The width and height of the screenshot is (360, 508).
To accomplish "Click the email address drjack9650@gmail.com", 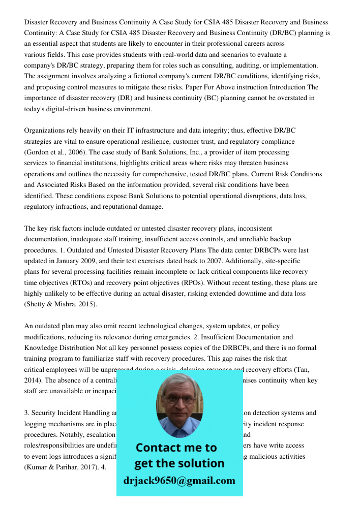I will click(x=179, y=481).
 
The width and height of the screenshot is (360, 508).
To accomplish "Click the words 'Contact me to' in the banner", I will click(x=176, y=448).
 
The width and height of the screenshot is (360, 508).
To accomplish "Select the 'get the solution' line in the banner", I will click(x=179, y=463).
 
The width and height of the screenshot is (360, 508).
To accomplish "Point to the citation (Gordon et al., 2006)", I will click(x=54, y=152).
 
